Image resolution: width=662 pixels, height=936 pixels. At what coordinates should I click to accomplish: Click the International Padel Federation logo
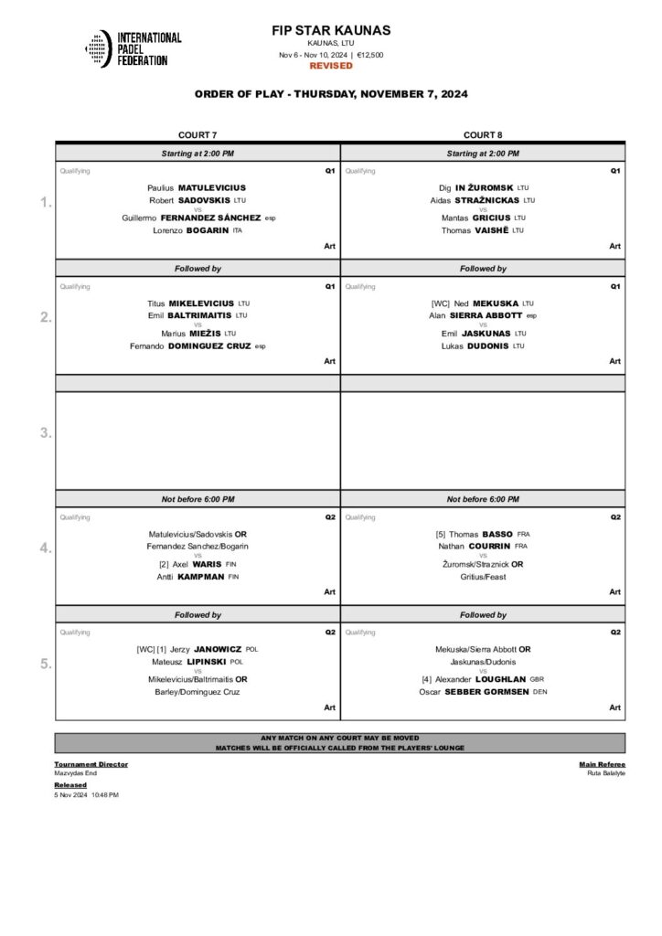(x=133, y=48)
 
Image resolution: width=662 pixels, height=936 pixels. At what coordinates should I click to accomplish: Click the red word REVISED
(x=331, y=66)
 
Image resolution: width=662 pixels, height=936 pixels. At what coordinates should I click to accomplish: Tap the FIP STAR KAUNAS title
(x=331, y=31)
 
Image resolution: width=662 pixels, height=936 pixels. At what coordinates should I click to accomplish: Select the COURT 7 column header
(x=198, y=134)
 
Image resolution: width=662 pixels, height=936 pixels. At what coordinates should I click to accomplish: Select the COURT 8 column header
(x=482, y=134)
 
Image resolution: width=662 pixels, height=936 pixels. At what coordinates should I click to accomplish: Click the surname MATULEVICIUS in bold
(x=212, y=187)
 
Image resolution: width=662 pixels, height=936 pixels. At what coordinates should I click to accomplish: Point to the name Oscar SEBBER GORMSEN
(x=482, y=692)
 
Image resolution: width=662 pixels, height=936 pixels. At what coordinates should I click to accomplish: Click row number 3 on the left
(x=46, y=433)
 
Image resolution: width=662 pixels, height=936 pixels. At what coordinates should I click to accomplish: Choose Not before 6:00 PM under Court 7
(x=198, y=499)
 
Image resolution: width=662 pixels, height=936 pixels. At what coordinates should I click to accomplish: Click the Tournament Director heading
(x=91, y=763)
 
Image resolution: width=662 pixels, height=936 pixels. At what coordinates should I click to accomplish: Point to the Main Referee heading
(x=603, y=763)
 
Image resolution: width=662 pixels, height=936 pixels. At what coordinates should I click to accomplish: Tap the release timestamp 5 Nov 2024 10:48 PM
(x=86, y=794)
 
